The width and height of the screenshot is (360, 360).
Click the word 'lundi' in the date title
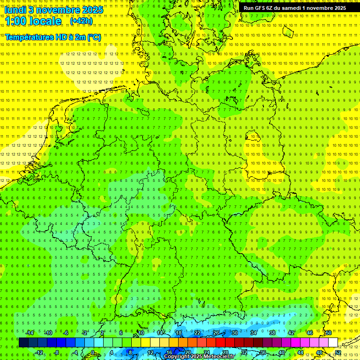click(15, 10)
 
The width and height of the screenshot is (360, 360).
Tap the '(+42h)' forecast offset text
click(81, 21)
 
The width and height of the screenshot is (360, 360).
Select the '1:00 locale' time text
click(33, 22)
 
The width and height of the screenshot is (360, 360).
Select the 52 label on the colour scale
click(338, 352)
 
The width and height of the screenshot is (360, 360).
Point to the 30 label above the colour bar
click(234, 333)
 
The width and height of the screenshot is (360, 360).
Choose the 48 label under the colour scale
click(319, 352)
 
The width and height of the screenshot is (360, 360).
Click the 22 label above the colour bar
click(197, 333)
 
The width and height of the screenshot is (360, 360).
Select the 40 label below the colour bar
click(281, 352)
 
